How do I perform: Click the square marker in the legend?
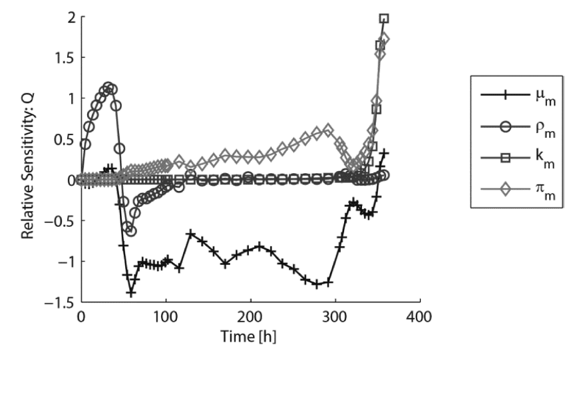[504, 158]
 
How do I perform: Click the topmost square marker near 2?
[384, 19]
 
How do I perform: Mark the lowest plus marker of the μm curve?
[131, 293]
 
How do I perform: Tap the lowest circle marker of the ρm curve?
[131, 231]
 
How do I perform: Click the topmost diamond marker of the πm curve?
[383, 39]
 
